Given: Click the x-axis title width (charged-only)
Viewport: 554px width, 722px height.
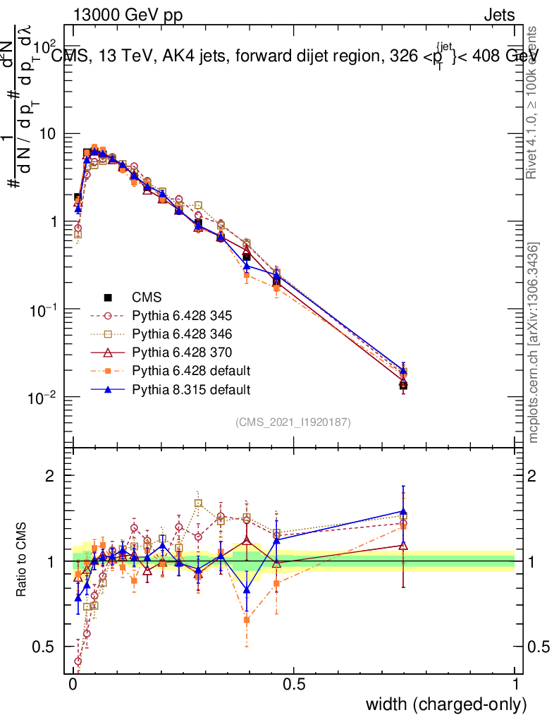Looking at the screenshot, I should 446,704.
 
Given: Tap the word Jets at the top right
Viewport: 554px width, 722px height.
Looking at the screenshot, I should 498,16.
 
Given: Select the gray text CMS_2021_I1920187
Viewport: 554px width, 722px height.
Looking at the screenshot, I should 293,422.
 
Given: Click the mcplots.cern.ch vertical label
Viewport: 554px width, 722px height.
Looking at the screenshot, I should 534,343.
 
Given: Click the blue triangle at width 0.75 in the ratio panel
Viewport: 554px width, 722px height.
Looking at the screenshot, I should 403,512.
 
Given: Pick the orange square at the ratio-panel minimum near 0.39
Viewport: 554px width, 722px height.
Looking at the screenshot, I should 247,620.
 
